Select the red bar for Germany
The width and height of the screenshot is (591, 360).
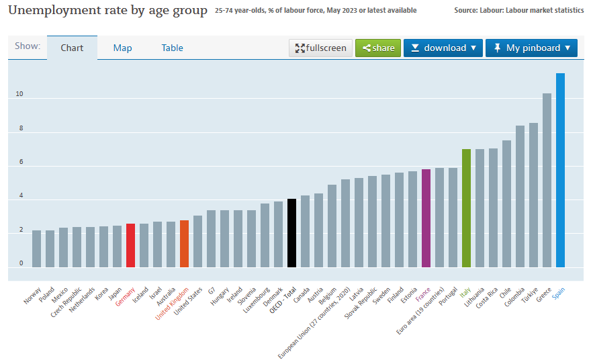[130, 245]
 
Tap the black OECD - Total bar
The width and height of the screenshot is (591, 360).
[291, 232]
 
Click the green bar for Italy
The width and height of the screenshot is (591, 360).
[466, 208]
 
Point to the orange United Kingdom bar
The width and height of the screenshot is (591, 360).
[184, 243]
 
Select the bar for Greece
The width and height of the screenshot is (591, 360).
[547, 180]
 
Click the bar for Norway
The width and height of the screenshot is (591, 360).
[36, 249]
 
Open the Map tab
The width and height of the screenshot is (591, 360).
[123, 48]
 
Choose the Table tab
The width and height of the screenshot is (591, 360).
[173, 48]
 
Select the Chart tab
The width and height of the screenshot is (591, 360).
[72, 48]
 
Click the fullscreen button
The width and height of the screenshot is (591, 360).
[320, 48]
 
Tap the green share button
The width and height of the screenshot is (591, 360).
[378, 48]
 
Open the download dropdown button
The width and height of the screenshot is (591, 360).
[443, 48]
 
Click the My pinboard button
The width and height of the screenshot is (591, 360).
[531, 48]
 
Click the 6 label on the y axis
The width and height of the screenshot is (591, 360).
[20, 162]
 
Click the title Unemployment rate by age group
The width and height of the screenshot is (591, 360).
[107, 10]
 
